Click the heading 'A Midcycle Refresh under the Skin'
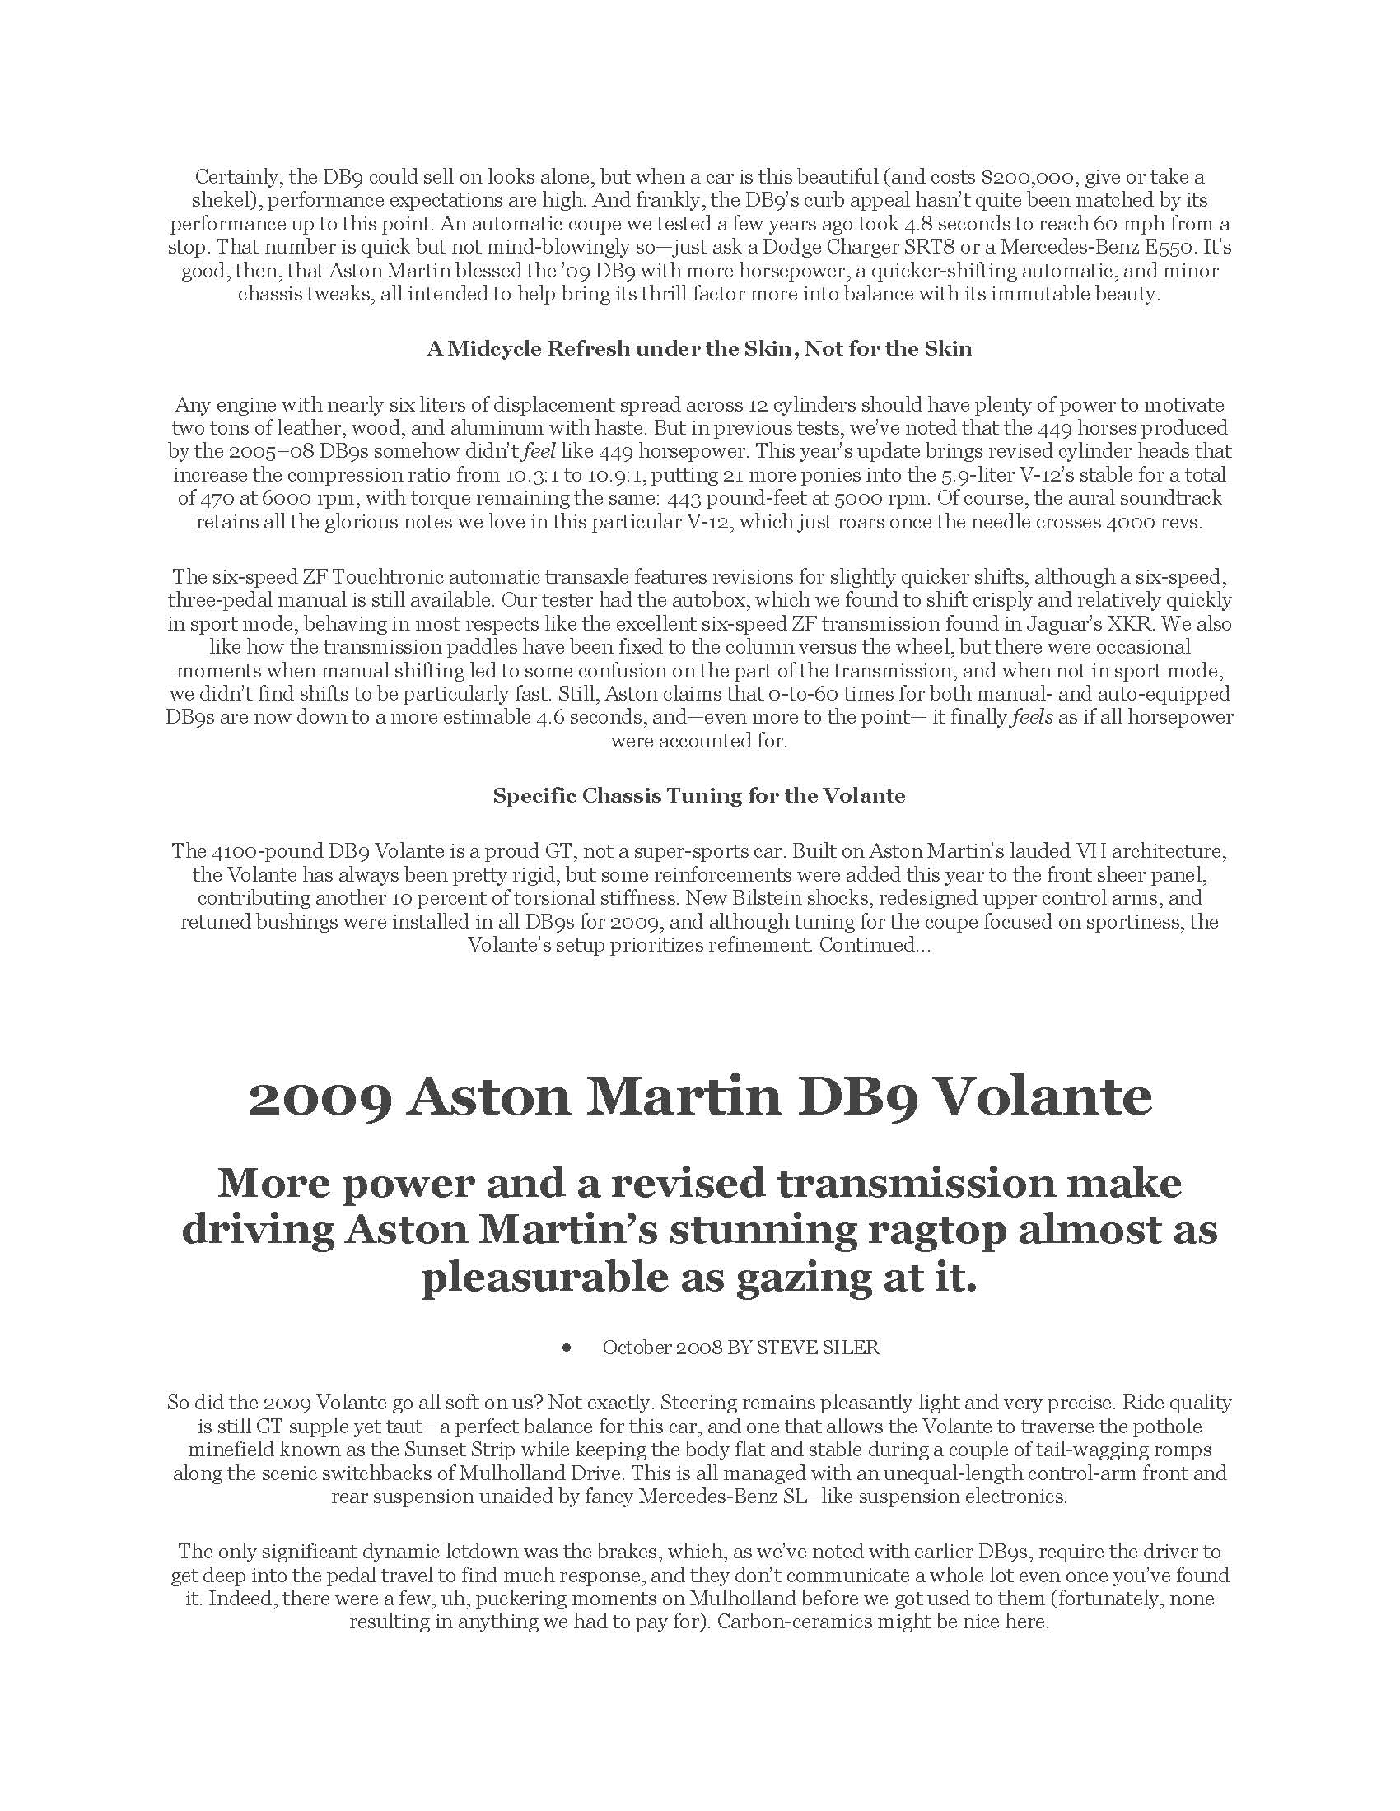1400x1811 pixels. [x=699, y=349]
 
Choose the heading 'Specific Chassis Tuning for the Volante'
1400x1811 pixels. [x=699, y=796]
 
